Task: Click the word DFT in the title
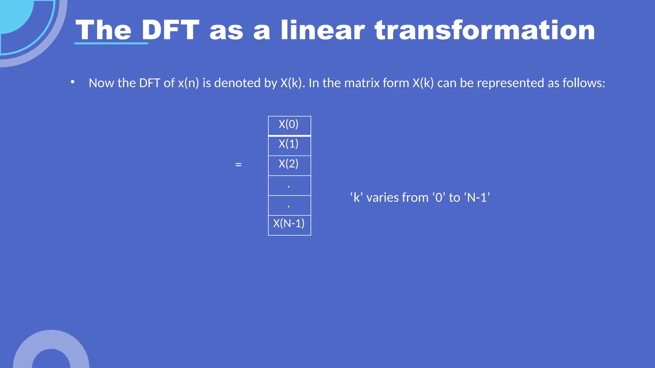coord(170,30)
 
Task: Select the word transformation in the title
coord(485,30)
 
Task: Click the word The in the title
coord(103,30)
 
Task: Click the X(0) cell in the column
coord(289,124)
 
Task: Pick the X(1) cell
coord(289,144)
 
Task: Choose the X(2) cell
coord(289,164)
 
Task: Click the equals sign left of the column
coord(238,165)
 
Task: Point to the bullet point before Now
coord(73,82)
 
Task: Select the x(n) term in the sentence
coord(188,83)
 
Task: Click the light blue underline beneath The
coord(111,43)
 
